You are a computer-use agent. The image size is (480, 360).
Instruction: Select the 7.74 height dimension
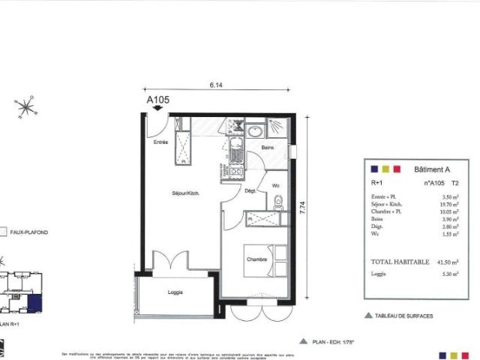[302, 211]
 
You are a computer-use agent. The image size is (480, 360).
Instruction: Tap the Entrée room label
[161, 142]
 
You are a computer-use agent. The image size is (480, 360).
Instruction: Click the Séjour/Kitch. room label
[183, 193]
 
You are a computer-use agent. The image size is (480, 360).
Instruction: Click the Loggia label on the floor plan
[175, 292]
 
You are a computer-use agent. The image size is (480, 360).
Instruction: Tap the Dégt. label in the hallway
[250, 191]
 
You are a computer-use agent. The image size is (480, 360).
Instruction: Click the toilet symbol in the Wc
[278, 201]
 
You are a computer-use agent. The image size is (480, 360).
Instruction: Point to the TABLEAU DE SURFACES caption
[403, 316]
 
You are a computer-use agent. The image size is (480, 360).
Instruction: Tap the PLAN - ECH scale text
[332, 340]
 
